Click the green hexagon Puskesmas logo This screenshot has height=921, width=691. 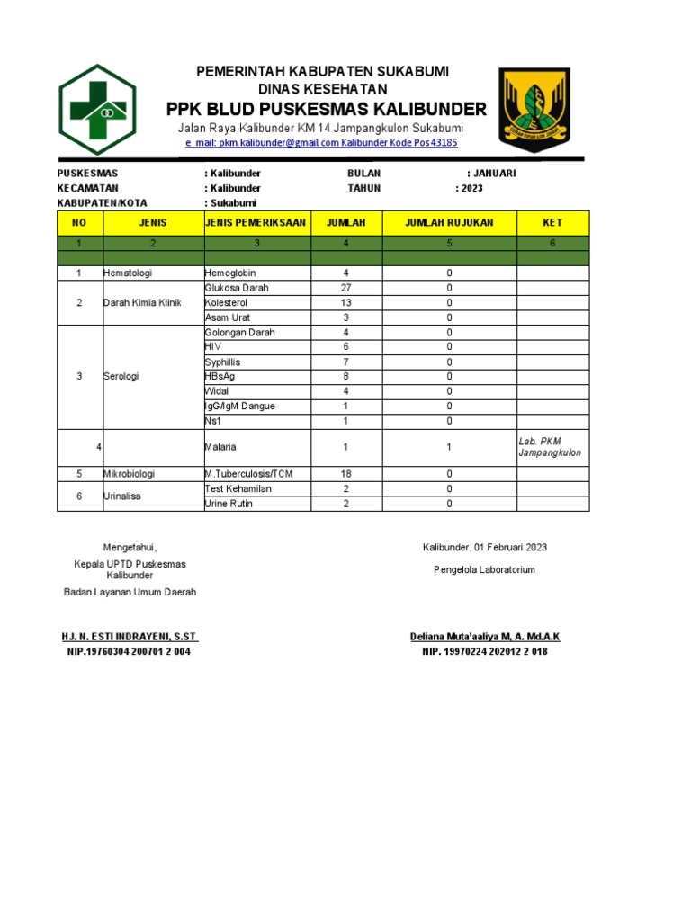tap(97, 110)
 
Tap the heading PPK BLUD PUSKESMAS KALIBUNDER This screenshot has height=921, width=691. tap(327, 110)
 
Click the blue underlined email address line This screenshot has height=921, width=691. tap(321, 143)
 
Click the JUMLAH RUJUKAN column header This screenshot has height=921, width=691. tap(449, 222)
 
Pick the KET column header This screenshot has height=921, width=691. tap(552, 222)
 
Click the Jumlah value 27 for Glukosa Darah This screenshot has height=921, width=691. tap(345, 288)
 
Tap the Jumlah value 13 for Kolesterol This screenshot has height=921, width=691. tap(345, 303)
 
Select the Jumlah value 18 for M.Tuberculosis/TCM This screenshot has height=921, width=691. tap(345, 474)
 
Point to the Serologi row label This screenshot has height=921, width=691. tap(121, 377)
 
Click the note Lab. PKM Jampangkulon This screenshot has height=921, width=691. tap(550, 447)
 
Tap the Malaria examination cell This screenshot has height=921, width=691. tap(221, 447)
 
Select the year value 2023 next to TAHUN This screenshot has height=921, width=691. tap(471, 189)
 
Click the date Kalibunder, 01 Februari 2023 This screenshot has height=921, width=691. tap(485, 547)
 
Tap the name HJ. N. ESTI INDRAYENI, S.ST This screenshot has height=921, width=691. tap(130, 637)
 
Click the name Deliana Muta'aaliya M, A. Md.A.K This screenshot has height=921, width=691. tap(485, 637)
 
